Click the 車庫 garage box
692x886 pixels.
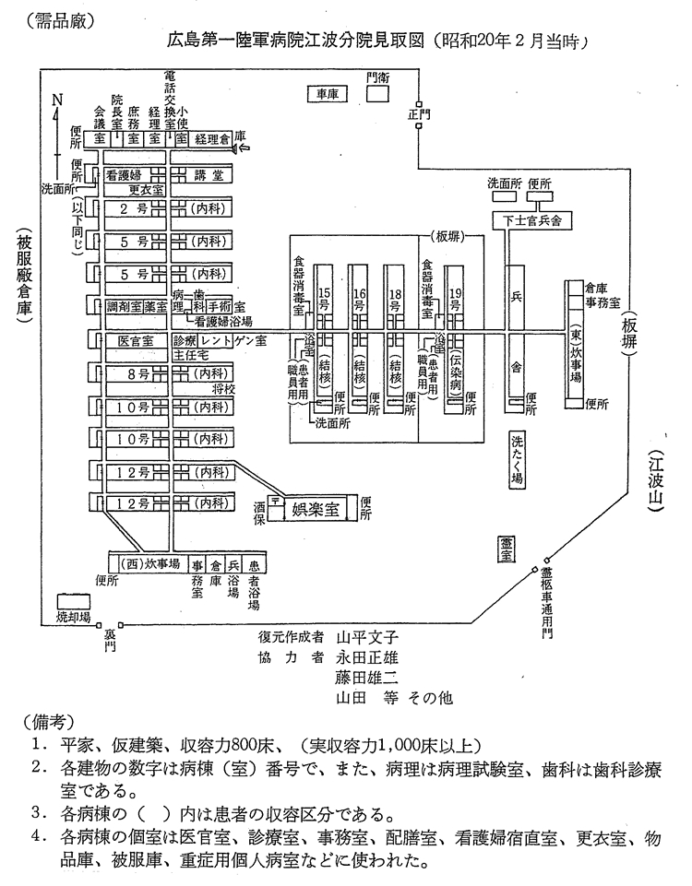click(x=328, y=92)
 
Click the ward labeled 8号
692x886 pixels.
click(x=138, y=373)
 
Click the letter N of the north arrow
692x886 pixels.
click(x=56, y=100)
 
